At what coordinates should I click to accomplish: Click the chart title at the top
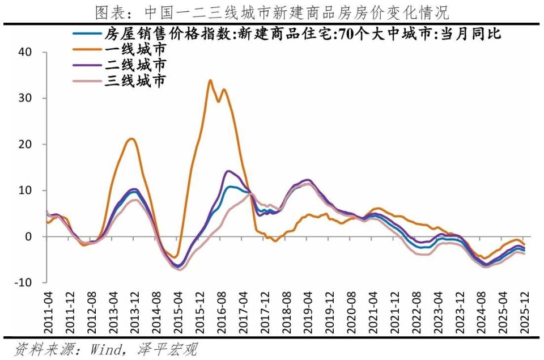click(x=272, y=12)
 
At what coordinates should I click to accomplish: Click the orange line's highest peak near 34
click(x=210, y=80)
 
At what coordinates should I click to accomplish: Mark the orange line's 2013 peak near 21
click(x=131, y=138)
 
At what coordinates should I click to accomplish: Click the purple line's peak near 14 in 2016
click(x=228, y=171)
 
